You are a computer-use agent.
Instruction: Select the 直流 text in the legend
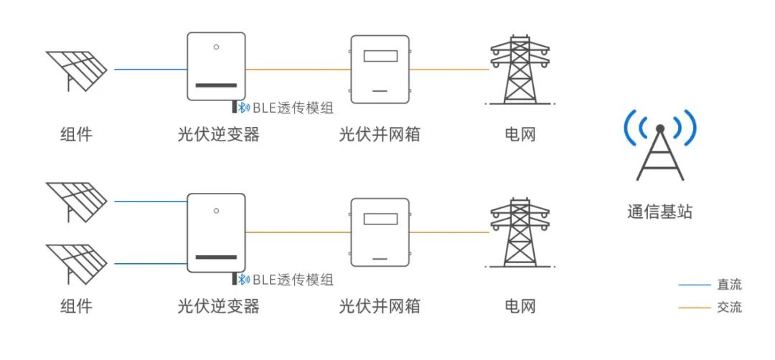(x=729, y=285)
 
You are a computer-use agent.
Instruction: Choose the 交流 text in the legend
(x=729, y=308)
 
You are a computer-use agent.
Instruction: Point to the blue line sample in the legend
(x=693, y=285)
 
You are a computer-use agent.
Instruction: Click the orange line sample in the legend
(x=693, y=308)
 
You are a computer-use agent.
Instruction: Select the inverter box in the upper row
(x=215, y=66)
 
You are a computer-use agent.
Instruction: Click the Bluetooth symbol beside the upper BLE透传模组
(x=244, y=108)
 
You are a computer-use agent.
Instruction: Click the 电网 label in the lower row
(x=520, y=306)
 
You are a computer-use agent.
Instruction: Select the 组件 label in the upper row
(x=75, y=133)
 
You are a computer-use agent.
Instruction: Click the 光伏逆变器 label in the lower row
(x=218, y=306)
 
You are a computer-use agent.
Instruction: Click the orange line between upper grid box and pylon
(x=448, y=70)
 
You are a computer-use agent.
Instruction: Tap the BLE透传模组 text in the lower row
(x=293, y=280)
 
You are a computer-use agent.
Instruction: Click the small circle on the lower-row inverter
(x=215, y=211)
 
